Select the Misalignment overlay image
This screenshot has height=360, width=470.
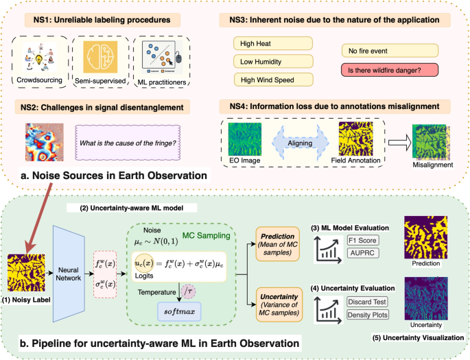coord(431,143)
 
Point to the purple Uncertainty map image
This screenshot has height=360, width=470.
coord(431,297)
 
